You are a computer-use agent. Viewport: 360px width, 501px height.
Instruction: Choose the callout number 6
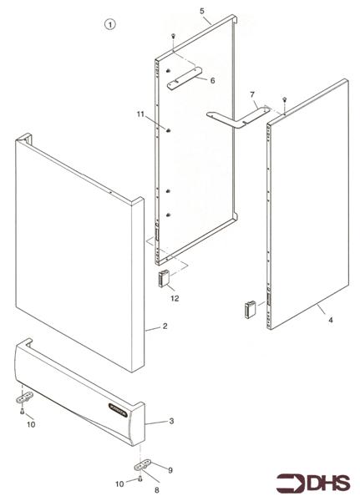(x=212, y=80)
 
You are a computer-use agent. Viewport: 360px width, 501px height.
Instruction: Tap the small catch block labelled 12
(x=163, y=277)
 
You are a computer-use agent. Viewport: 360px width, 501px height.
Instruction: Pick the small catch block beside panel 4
(x=250, y=308)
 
